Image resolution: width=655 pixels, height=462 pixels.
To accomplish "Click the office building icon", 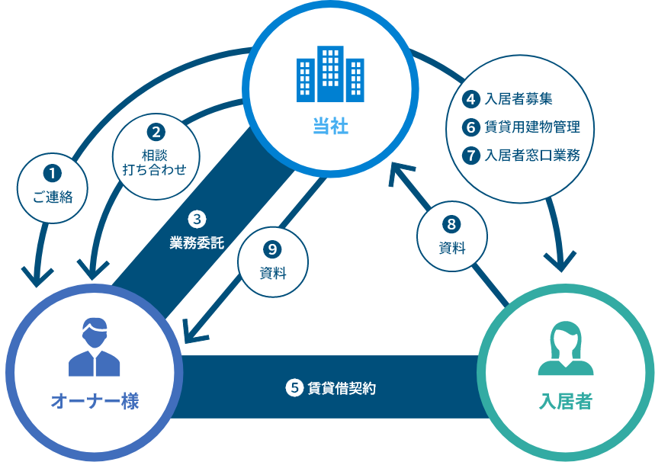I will pyautogui.click(x=329, y=74).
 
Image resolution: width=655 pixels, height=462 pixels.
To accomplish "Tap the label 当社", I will pyautogui.click(x=330, y=126).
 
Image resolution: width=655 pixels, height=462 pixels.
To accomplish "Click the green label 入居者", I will pyautogui.click(x=565, y=401).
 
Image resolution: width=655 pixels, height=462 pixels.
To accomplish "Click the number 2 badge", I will pyautogui.click(x=155, y=132).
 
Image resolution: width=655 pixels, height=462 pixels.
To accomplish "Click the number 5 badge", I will pyautogui.click(x=294, y=387).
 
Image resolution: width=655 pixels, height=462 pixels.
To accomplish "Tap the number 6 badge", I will pyautogui.click(x=471, y=127).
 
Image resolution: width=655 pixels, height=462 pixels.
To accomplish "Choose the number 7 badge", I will pyautogui.click(x=471, y=155).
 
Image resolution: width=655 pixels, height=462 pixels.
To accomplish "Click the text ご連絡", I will pyautogui.click(x=53, y=197).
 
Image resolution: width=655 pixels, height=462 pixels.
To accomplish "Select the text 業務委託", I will pyautogui.click(x=197, y=244).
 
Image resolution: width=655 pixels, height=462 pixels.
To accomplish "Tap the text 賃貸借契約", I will pyautogui.click(x=342, y=388).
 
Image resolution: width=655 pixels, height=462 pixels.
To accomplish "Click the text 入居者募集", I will pyautogui.click(x=519, y=98).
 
